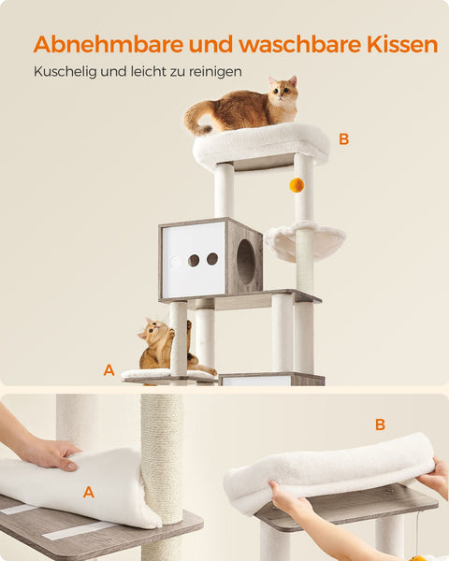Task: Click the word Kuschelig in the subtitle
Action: [x=63, y=71]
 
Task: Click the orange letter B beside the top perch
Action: [x=343, y=139]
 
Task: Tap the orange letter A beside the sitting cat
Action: [x=109, y=371]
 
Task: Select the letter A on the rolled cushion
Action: [x=89, y=491]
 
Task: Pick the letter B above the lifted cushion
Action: [x=380, y=424]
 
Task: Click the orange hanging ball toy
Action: [x=297, y=185]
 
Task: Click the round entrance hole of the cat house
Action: [x=245, y=262]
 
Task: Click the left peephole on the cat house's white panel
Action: [x=194, y=260]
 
